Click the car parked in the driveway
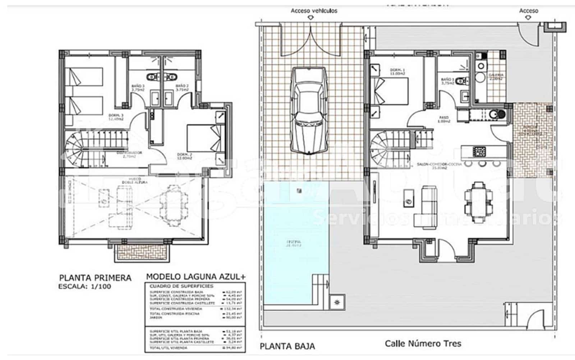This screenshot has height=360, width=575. coord(309,111)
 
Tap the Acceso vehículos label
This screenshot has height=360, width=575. coord(314,11)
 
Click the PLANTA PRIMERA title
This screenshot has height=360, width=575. coord(95,278)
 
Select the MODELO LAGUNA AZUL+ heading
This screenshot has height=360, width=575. coord(196,277)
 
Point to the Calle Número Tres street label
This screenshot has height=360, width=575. coord(423,343)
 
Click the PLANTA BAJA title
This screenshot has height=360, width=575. coord(287,346)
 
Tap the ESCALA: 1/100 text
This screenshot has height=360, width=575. coord(85,287)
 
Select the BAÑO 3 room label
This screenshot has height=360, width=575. coord(138,88)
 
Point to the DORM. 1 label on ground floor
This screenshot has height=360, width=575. coord(397,71)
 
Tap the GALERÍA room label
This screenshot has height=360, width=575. coord(495,76)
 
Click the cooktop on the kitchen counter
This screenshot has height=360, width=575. coord(479,151)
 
